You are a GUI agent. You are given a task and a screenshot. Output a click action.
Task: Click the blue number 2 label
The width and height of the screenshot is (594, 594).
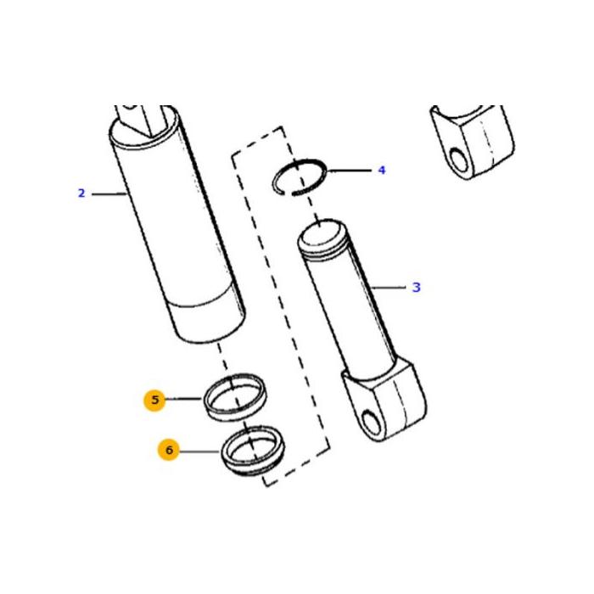[x=81, y=193]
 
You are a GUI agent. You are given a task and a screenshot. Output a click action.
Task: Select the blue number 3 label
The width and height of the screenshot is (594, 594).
[x=416, y=287]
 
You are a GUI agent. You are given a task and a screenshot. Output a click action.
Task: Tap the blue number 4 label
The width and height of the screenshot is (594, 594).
[x=382, y=170]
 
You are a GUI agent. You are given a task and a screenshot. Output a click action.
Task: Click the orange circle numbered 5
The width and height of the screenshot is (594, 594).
[x=154, y=400]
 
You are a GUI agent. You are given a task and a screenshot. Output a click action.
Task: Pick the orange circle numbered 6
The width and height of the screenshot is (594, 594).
[x=169, y=450]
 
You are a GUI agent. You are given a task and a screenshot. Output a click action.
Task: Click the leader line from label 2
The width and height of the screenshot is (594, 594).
[x=109, y=194]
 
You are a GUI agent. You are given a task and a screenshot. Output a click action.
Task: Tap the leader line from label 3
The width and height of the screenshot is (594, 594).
[x=388, y=288]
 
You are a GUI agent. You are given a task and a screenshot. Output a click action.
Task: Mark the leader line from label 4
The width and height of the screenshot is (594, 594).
[x=350, y=171]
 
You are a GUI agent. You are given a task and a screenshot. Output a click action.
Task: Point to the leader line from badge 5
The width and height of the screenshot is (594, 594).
[x=183, y=399]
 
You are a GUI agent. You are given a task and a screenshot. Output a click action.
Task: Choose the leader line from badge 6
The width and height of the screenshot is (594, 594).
[x=199, y=451]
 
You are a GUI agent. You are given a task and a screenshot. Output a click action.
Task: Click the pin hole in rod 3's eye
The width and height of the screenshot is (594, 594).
[x=372, y=423]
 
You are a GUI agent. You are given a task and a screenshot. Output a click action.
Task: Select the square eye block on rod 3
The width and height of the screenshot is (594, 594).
[x=384, y=401]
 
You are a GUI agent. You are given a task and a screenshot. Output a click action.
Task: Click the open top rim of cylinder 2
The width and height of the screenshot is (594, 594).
[x=145, y=129]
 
